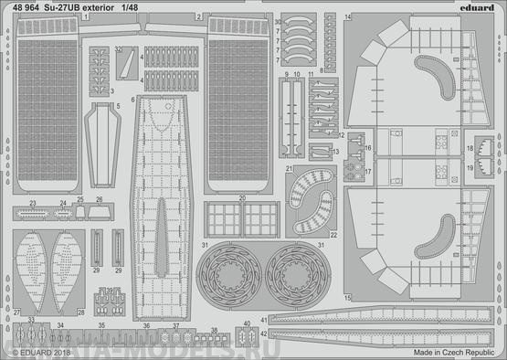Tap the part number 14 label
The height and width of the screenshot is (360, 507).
click(348, 17)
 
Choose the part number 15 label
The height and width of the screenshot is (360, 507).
click(348, 299)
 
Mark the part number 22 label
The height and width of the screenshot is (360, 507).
click(334, 235)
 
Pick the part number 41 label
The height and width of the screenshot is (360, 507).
click(262, 319)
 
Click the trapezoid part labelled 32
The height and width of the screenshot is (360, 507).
click(125, 58)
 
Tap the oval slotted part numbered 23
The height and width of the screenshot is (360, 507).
click(33, 214)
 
